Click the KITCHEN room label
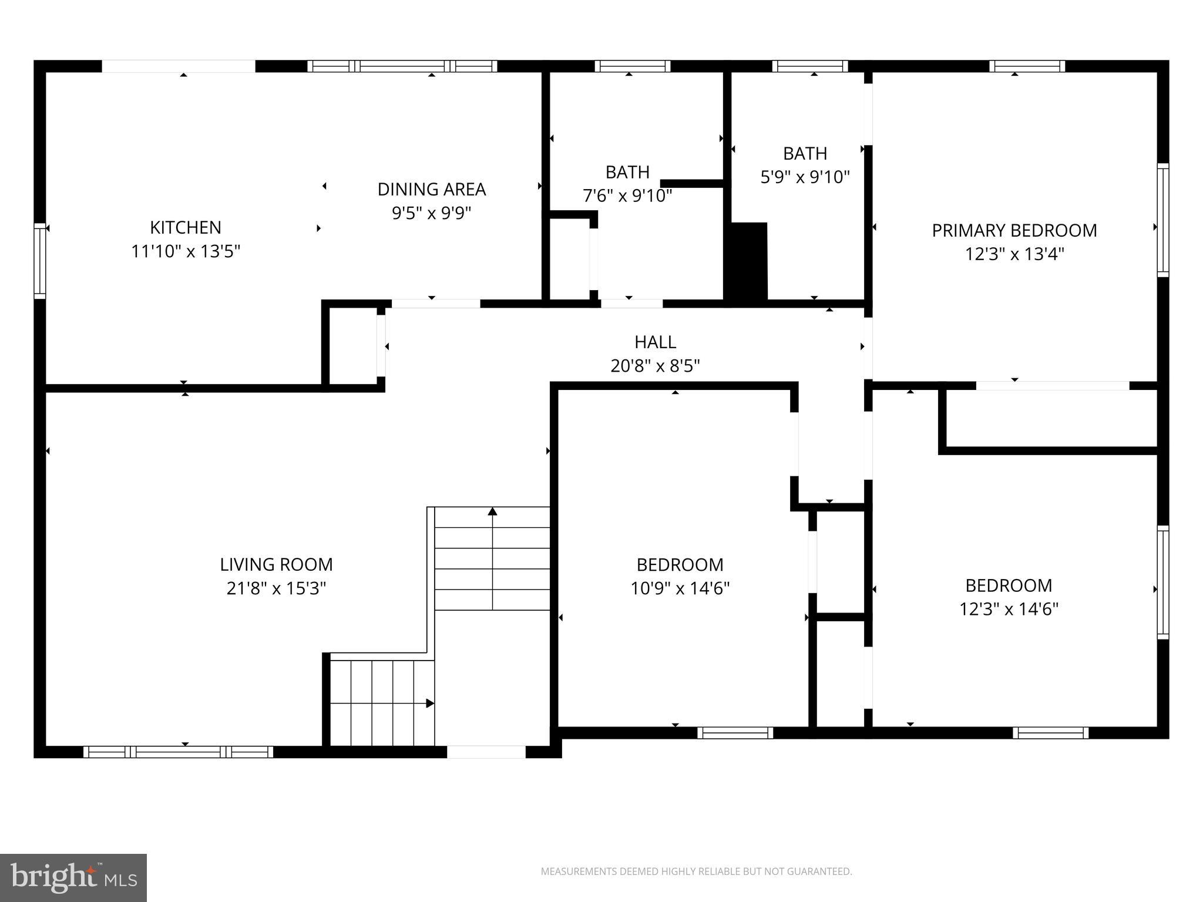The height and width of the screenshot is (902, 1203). point(186,227)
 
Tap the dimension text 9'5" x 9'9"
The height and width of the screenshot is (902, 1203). point(431,213)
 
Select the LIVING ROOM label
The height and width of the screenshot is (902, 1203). point(276,564)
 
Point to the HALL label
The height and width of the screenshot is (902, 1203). point(655,342)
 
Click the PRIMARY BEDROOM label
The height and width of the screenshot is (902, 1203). point(1014,230)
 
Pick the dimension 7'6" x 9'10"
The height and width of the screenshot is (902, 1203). point(627,196)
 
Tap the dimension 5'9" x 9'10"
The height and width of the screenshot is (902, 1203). point(805,177)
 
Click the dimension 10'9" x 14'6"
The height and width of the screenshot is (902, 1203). point(680,588)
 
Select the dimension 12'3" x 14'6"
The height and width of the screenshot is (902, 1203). point(1009,609)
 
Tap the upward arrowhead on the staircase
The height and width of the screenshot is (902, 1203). point(492,511)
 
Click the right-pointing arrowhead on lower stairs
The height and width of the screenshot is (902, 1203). point(430,703)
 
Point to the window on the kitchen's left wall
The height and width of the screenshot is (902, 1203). point(39,261)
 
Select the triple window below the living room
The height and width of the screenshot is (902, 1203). point(178,752)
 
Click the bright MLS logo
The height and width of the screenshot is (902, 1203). point(73,878)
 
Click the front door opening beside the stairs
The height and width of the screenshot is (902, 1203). point(486,752)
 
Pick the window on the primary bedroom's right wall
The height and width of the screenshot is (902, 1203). point(1162,220)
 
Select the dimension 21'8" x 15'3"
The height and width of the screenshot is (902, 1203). point(276,588)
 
